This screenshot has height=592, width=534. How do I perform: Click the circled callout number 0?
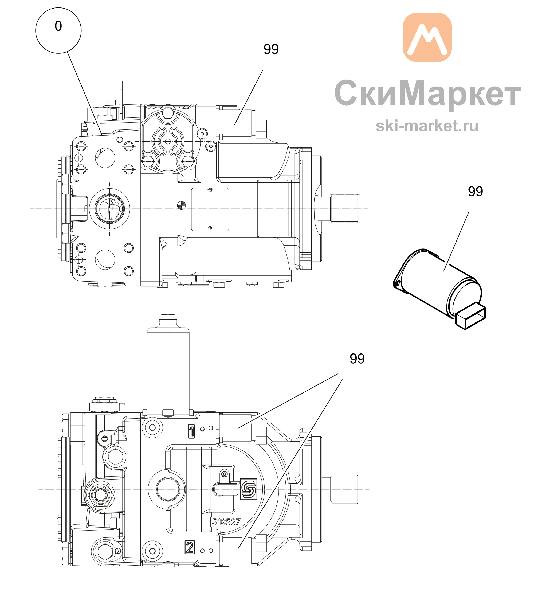(58, 30)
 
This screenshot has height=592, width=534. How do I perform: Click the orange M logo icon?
(427, 37)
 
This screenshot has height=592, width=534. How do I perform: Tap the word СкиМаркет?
(427, 93)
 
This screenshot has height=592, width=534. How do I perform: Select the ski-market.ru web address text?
(427, 126)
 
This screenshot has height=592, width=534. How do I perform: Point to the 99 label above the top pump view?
(271, 49)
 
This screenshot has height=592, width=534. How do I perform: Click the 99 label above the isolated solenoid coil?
(475, 191)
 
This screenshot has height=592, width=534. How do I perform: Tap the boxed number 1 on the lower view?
(191, 431)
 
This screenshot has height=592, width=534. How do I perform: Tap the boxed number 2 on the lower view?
(190, 547)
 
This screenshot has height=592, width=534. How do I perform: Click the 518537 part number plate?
(226, 522)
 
